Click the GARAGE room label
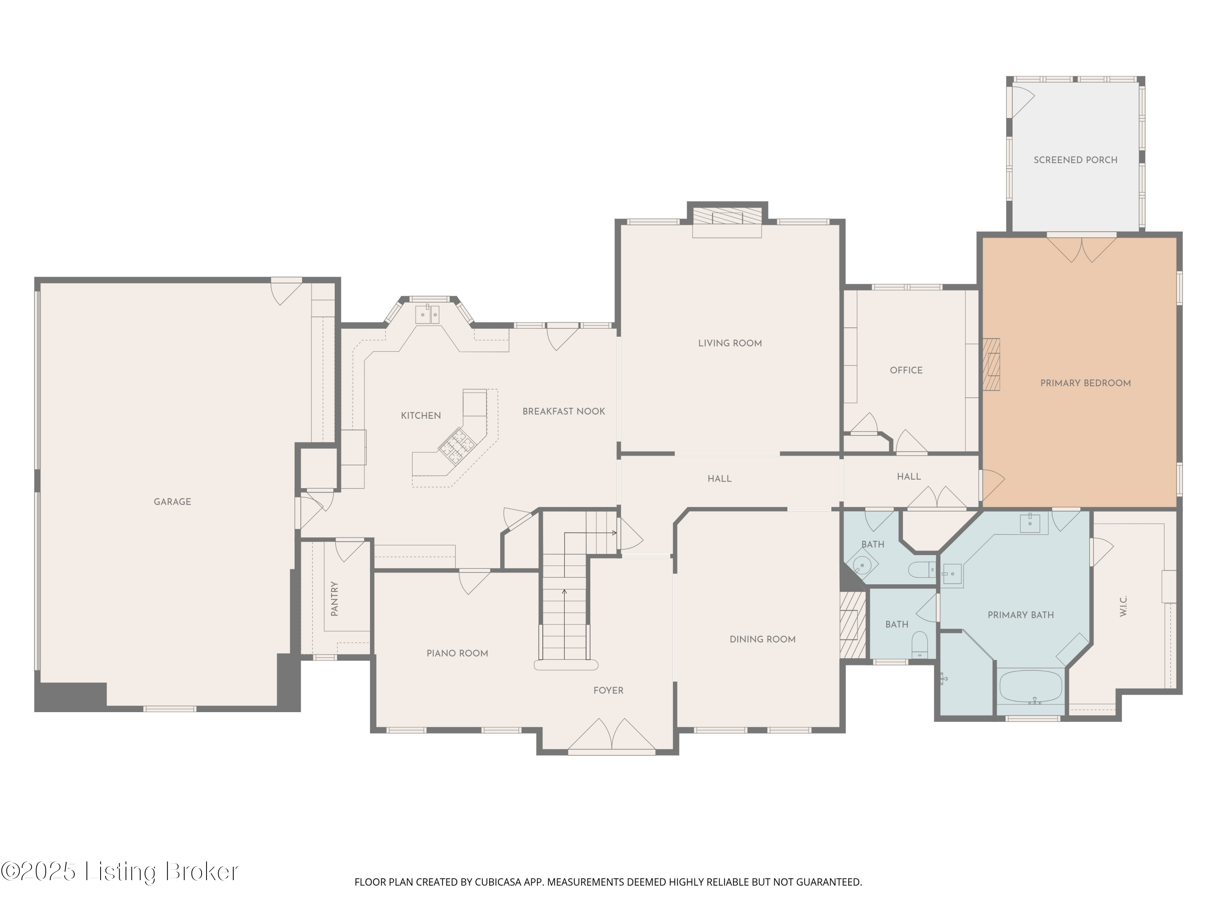(172, 502)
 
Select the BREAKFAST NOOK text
(563, 411)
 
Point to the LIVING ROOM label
(729, 343)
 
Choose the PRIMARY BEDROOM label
(1085, 383)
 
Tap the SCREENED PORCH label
(1075, 159)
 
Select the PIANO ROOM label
(457, 653)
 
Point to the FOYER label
(608, 690)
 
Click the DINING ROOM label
(762, 639)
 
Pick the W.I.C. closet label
(1123, 605)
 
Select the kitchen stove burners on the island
(456, 443)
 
